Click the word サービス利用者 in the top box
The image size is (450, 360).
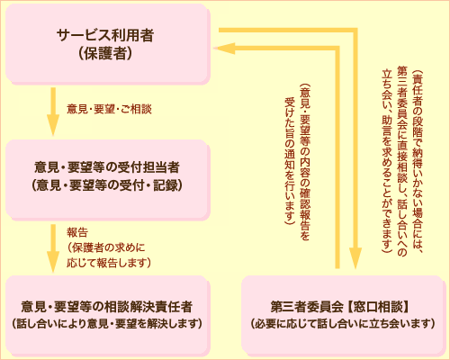104,36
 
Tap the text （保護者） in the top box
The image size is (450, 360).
104,54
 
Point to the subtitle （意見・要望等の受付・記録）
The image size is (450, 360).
106,185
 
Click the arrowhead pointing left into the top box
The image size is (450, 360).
229,50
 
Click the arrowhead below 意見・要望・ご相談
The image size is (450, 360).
51,131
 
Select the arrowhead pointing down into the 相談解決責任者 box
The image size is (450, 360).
51,265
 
